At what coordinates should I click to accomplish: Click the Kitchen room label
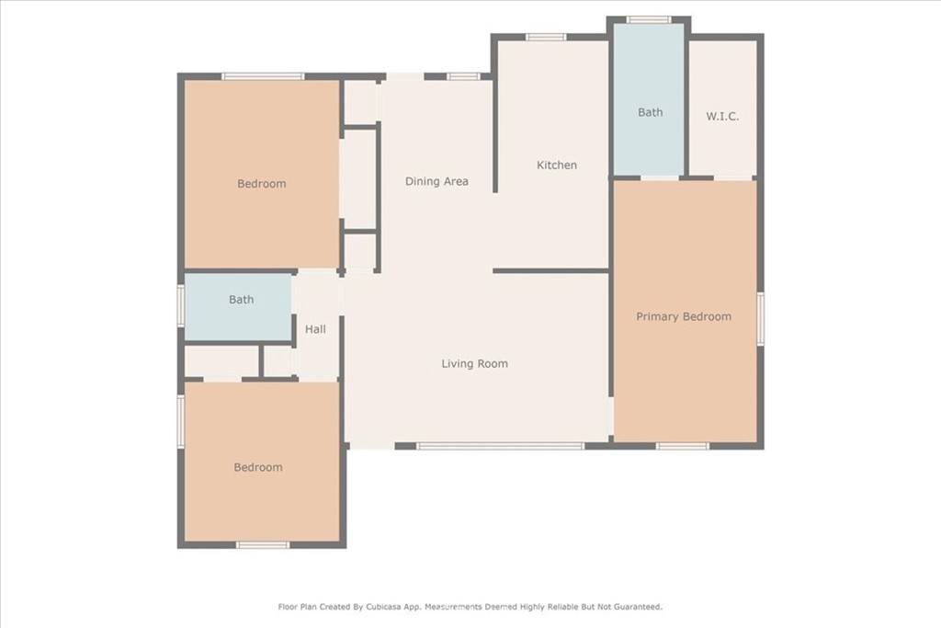[x=556, y=166]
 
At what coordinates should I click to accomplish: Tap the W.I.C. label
[x=722, y=117]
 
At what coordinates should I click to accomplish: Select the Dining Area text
[x=436, y=181]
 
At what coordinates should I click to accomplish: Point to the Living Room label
[x=475, y=364]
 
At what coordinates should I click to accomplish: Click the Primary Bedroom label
[x=684, y=317]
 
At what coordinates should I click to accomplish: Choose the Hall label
[x=315, y=329]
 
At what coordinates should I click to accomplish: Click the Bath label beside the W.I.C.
[x=650, y=112]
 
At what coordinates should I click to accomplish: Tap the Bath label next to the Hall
[x=242, y=300]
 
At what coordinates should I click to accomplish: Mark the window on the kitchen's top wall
[x=546, y=37]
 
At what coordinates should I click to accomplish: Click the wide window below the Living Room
[x=500, y=446]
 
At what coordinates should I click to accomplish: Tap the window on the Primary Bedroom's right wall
[x=760, y=319]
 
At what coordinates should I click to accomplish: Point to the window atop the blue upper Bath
[x=649, y=20]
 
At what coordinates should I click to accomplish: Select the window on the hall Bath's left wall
[x=181, y=306]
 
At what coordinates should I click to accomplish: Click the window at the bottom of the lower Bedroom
[x=263, y=545]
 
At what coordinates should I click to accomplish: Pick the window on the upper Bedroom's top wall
[x=263, y=76]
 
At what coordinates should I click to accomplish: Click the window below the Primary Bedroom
[x=683, y=446]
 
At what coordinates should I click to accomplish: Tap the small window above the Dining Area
[x=463, y=76]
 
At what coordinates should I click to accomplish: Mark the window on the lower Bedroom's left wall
[x=181, y=421]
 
